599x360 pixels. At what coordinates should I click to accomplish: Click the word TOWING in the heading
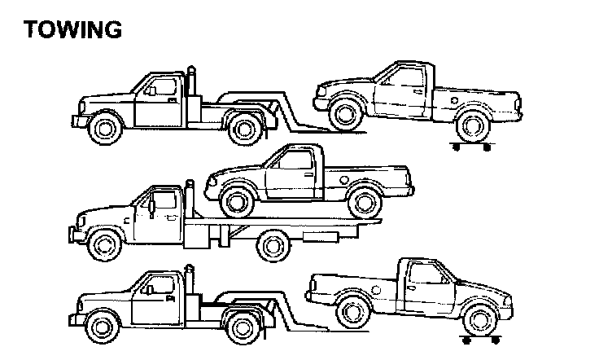pyautogui.click(x=72, y=29)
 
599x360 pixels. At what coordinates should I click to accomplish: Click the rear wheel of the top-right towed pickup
pyautogui.click(x=472, y=125)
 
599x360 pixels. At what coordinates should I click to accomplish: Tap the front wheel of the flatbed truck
pyautogui.click(x=104, y=241)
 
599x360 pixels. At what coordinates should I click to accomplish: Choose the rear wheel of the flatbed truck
pyautogui.click(x=272, y=244)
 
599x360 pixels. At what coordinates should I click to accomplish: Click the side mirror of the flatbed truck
pyautogui.click(x=152, y=209)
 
